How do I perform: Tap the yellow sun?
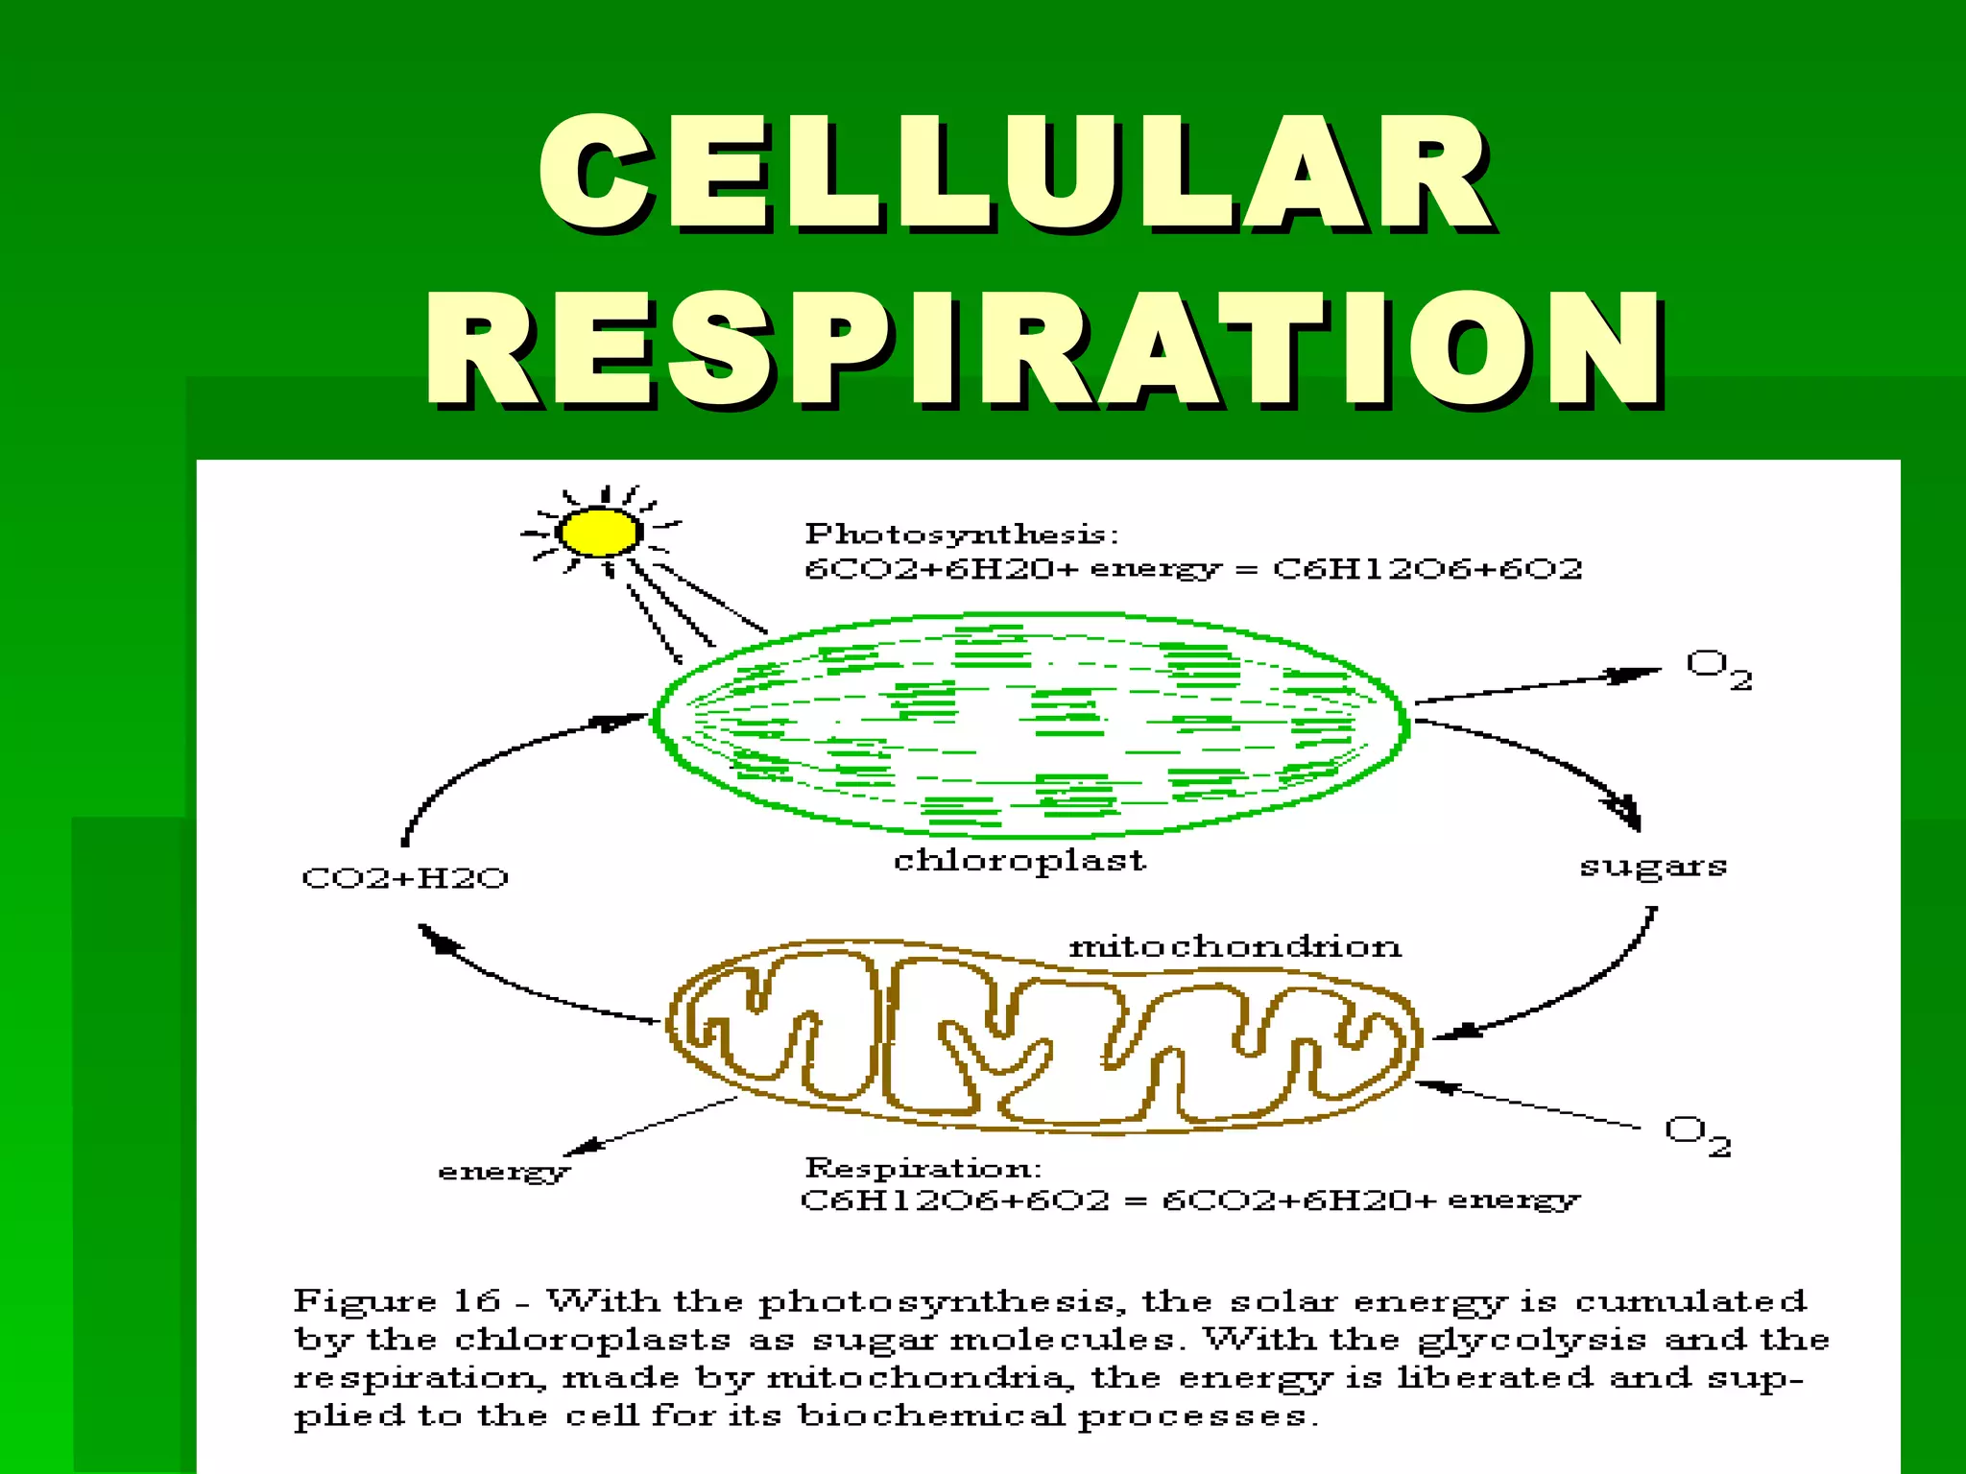pyautogui.click(x=599, y=532)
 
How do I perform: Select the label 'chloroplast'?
pyautogui.click(x=1019, y=861)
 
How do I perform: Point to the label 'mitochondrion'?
pyautogui.click(x=1235, y=947)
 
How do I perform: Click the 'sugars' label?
pyautogui.click(x=1653, y=867)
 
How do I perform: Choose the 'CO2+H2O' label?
pyautogui.click(x=405, y=878)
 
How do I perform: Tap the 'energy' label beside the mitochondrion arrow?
pyautogui.click(x=503, y=1172)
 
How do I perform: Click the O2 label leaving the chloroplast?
pyautogui.click(x=1718, y=669)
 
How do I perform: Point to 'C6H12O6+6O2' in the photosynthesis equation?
pyautogui.click(x=1427, y=569)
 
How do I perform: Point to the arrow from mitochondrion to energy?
pyautogui.click(x=653, y=1125)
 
